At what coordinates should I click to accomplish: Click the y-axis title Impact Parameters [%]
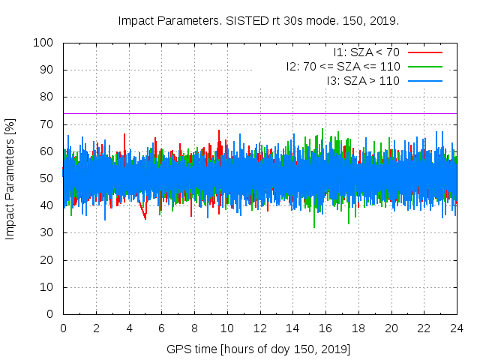[10, 178]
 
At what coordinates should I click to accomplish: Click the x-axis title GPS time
[259, 349]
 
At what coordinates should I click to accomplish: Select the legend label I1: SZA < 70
[366, 52]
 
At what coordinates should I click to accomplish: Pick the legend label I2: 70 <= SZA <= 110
[343, 66]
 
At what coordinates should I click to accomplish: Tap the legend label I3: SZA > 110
[363, 80]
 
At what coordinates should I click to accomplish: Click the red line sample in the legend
[424, 52]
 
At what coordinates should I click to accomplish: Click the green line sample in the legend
[424, 66]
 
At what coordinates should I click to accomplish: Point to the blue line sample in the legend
[424, 80]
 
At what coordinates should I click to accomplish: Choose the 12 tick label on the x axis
[259, 328]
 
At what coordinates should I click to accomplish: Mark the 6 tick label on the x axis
[161, 328]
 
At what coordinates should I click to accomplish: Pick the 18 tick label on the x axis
[358, 328]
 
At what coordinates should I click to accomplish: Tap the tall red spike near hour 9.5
[220, 131]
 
